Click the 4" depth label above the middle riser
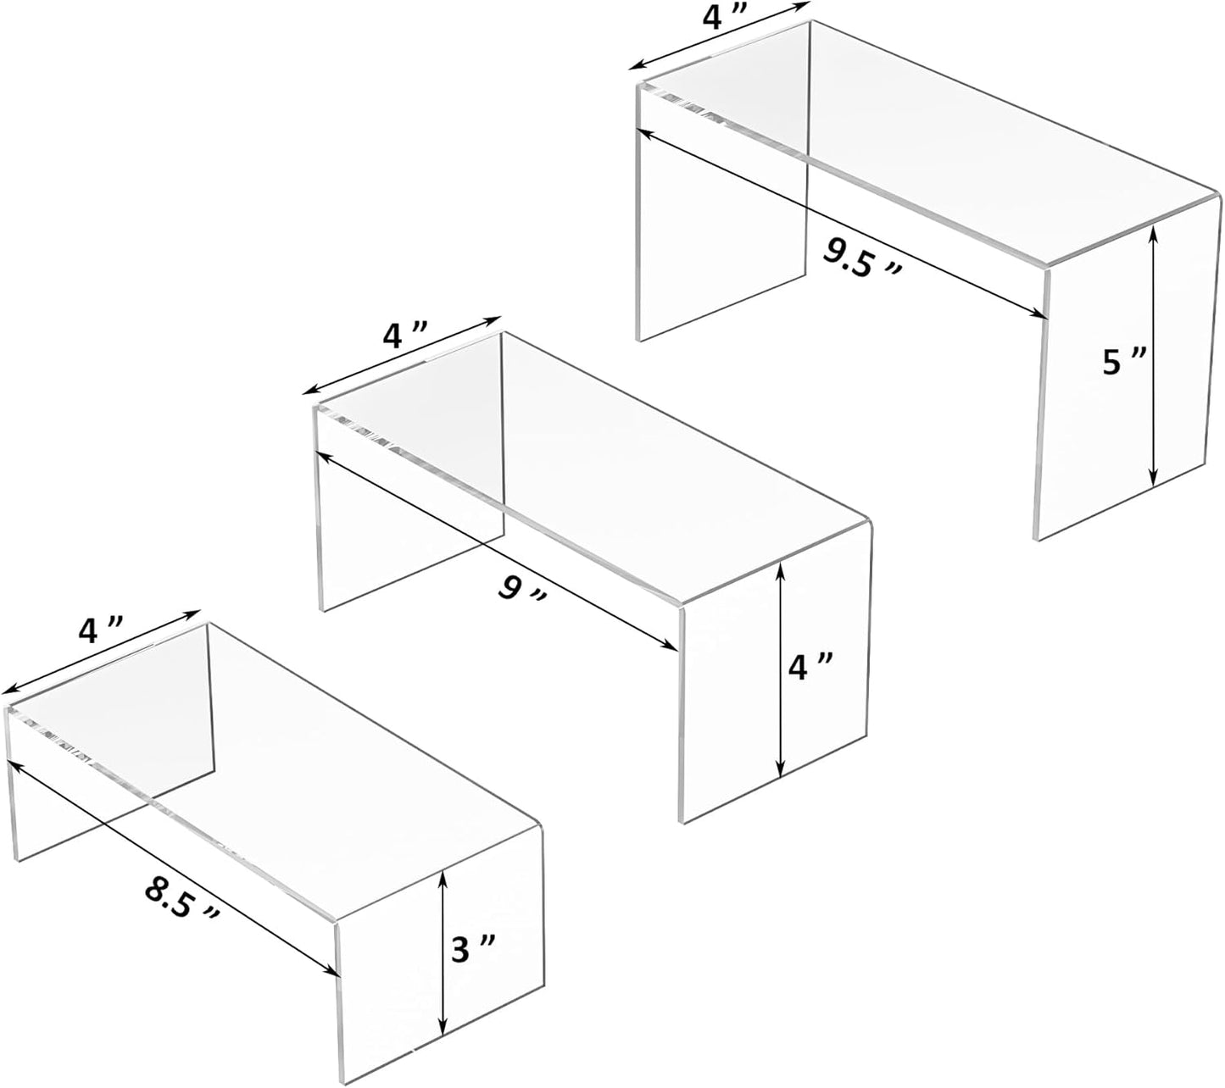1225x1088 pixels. [x=404, y=336]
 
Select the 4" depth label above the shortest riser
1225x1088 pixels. [x=100, y=630]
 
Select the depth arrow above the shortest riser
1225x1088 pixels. [x=100, y=651]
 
